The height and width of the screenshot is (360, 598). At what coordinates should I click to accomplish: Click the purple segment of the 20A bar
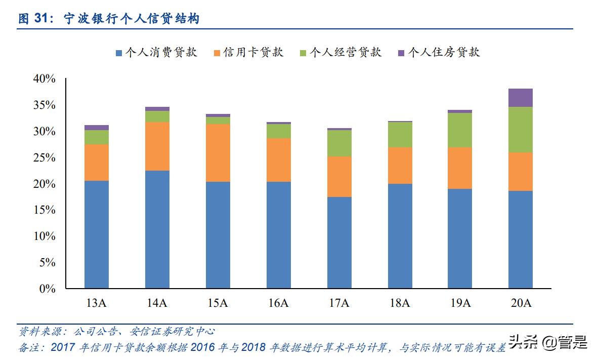tap(521, 98)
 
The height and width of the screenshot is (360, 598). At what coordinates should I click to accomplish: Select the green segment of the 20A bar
tap(521, 130)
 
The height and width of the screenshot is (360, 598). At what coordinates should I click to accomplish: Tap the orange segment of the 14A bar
tap(157, 146)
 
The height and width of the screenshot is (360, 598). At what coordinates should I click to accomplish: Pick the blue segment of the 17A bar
tap(339, 243)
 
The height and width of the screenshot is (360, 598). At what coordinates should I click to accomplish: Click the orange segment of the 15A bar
tap(218, 153)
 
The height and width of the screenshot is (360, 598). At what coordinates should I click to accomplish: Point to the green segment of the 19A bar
tap(460, 130)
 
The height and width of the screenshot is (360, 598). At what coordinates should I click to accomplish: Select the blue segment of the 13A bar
tap(97, 234)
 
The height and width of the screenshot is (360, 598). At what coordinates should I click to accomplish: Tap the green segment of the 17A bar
tap(339, 143)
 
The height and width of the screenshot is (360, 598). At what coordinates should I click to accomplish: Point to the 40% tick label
tap(44, 78)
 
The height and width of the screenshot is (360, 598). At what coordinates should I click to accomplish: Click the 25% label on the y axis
tap(44, 157)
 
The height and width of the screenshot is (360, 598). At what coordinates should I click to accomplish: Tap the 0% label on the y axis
tap(47, 289)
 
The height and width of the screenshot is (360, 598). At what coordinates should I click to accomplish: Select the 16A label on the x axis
tap(278, 303)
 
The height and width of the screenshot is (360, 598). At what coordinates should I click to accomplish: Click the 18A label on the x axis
tap(400, 303)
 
